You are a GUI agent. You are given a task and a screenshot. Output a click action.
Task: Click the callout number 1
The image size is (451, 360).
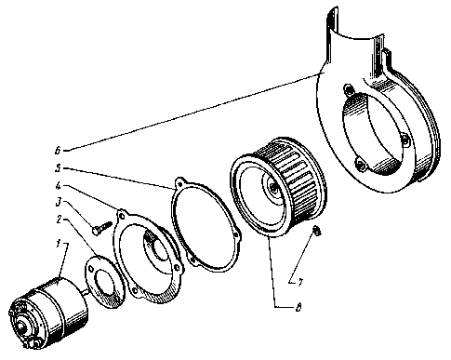(58, 244)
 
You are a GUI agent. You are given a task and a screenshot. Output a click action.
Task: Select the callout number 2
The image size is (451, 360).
(59, 220)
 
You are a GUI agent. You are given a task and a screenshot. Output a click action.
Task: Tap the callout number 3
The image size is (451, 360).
(58, 203)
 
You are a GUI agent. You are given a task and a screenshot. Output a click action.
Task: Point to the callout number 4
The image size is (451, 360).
(58, 186)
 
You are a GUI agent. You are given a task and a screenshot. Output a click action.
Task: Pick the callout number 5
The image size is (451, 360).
(58, 168)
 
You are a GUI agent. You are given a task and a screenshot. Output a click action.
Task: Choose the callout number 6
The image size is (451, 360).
(58, 151)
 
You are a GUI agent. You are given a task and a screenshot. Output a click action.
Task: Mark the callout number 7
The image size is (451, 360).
(300, 283)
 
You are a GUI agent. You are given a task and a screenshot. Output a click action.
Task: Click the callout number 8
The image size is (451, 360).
(298, 308)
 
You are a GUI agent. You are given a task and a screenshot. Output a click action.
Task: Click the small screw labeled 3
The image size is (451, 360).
(102, 227)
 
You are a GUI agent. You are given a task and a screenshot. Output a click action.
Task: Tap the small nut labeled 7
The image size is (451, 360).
(317, 231)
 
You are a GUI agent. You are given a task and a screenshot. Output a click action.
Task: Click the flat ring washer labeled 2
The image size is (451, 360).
(105, 282)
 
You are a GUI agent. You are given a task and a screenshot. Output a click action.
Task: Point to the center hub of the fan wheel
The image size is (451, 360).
(273, 187)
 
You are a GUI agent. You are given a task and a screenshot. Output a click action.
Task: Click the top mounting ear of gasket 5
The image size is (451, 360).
(179, 183)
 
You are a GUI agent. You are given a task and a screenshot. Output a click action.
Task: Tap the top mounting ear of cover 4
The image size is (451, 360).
(121, 215)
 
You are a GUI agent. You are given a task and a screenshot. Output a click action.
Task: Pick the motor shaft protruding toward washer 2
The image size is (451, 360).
(86, 291)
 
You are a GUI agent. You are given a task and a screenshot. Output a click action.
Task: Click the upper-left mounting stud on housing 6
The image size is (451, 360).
(350, 90)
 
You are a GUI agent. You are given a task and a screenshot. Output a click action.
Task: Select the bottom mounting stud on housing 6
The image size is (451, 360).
(359, 163)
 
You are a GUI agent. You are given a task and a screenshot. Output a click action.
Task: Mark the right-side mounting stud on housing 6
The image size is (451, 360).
(406, 141)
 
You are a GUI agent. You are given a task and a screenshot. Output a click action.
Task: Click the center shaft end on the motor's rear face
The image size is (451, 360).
(21, 327)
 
